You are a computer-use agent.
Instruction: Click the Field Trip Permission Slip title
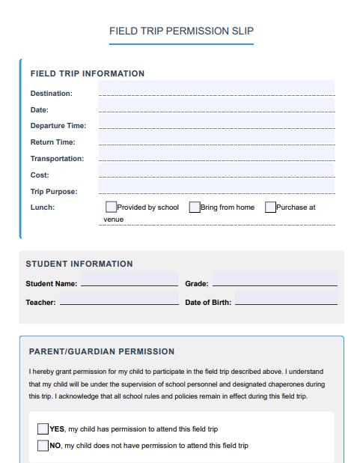(181, 31)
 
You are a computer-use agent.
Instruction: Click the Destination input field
(216, 88)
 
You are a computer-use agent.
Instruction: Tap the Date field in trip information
(216, 105)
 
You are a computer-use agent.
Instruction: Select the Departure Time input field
(216, 121)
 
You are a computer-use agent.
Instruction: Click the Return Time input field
(216, 138)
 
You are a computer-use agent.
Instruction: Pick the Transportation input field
(216, 154)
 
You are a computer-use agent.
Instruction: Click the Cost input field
(216, 171)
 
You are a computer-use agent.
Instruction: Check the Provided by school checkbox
(111, 207)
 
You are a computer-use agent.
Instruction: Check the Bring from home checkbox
(195, 207)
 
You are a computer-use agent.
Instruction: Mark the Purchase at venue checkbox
(270, 207)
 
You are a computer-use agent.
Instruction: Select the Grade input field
(274, 279)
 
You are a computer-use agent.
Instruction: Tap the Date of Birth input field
(285, 299)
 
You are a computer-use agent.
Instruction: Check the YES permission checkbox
(43, 429)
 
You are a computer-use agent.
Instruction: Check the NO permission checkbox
(43, 446)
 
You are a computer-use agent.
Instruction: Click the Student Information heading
(79, 264)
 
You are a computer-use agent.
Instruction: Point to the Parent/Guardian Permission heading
(102, 351)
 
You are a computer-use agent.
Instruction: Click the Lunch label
(43, 208)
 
